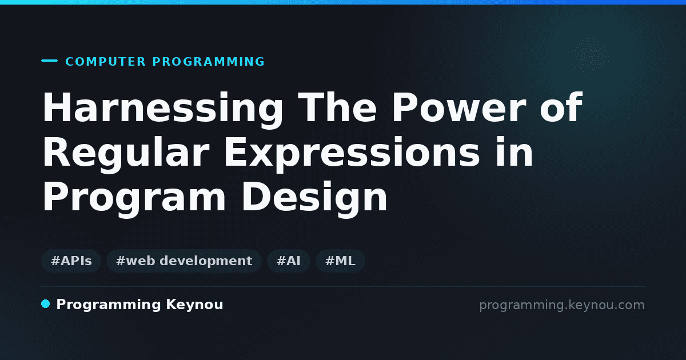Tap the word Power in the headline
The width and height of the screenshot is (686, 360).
[x=459, y=107]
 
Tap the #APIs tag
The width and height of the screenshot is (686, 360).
[x=71, y=261]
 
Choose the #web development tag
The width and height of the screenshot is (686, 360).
[x=184, y=261]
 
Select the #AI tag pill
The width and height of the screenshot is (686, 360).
[x=289, y=261]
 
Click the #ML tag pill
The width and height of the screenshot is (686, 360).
[x=340, y=261]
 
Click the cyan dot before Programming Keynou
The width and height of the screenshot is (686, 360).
[x=46, y=304]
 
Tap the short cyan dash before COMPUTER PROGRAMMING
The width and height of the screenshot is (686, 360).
[x=49, y=61]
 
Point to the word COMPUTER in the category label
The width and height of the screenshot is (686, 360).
[x=105, y=62]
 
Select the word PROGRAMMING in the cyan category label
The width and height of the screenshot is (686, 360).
[x=209, y=62]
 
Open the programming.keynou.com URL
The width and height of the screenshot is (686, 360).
[x=562, y=305]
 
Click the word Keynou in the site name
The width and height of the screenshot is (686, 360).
[x=194, y=305]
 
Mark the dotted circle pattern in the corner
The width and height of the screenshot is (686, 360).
[x=590, y=56]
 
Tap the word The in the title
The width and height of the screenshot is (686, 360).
[x=337, y=107]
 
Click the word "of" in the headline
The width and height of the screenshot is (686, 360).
[x=561, y=107]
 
